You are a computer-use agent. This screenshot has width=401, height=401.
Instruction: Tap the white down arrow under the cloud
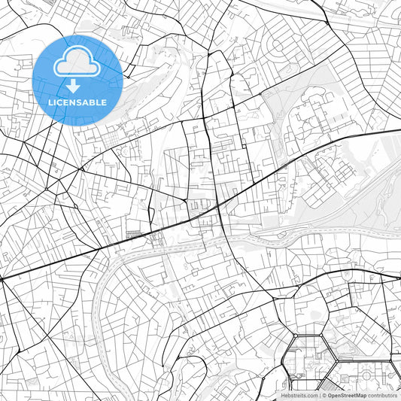(77, 87)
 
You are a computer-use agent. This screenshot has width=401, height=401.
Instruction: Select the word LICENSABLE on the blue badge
(77, 102)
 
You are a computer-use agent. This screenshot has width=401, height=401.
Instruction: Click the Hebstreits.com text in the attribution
(299, 395)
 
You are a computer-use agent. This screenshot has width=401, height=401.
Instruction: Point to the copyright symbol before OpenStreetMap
(324, 395)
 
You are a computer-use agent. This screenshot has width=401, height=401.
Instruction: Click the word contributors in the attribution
(383, 395)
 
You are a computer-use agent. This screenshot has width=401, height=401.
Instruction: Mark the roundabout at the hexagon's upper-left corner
(296, 335)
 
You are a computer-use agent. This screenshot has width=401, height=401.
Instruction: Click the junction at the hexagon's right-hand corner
(348, 359)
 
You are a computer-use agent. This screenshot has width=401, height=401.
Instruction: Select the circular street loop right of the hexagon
(369, 372)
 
